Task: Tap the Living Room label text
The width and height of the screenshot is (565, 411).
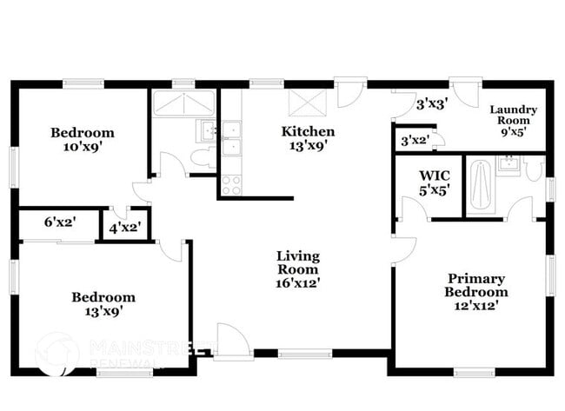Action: click(x=298, y=269)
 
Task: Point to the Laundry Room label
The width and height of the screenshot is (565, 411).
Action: click(x=514, y=121)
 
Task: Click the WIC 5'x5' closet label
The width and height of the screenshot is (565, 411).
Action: click(x=434, y=182)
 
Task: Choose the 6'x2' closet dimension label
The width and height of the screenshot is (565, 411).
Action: click(x=60, y=222)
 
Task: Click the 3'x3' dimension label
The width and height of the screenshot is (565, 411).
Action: click(x=431, y=105)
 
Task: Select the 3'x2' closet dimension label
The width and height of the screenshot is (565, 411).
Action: click(x=415, y=139)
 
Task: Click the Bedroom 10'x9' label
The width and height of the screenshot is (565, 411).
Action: click(x=82, y=140)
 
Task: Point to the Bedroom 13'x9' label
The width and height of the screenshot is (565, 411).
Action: click(x=103, y=303)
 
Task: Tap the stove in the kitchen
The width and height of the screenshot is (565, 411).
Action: click(x=231, y=184)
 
